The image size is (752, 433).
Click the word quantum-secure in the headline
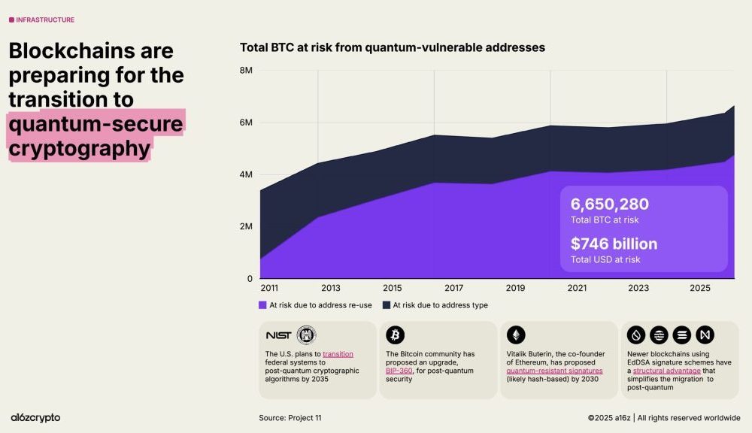96,123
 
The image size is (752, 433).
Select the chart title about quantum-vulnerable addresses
392,47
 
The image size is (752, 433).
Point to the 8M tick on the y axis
246,71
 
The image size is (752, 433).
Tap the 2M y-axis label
246,226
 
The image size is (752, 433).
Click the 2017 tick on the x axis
453,288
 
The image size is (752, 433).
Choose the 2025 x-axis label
699,288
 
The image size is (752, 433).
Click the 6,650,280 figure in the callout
609,204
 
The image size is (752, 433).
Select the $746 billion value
614,244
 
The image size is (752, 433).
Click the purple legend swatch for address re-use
262,305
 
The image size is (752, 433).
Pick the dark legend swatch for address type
387,305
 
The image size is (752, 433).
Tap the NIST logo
278,335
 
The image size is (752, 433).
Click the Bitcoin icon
395,335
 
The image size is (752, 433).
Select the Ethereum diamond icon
515,335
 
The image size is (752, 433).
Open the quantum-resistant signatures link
554,371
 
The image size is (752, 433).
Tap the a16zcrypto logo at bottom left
35,417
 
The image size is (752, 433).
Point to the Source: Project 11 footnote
290,418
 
